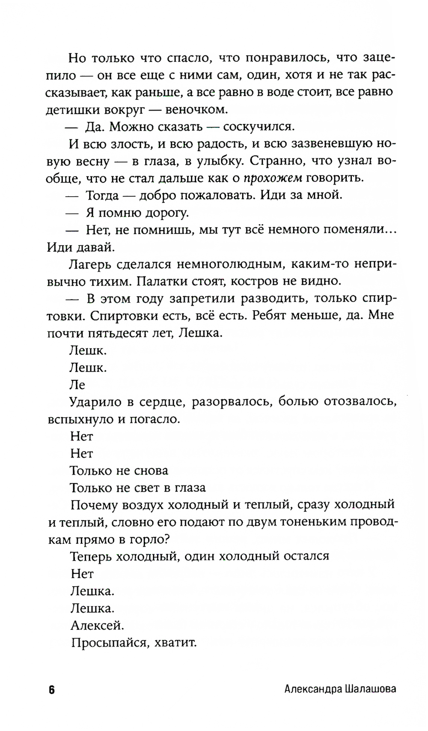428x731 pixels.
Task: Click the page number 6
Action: (x=51, y=689)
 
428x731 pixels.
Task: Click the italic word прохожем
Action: (x=273, y=178)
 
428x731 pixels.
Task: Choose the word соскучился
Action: (x=259, y=126)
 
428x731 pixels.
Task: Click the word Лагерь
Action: (x=90, y=264)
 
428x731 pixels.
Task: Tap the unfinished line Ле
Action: (x=77, y=385)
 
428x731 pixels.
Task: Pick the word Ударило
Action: (x=95, y=402)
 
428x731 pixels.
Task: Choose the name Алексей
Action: (x=97, y=626)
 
